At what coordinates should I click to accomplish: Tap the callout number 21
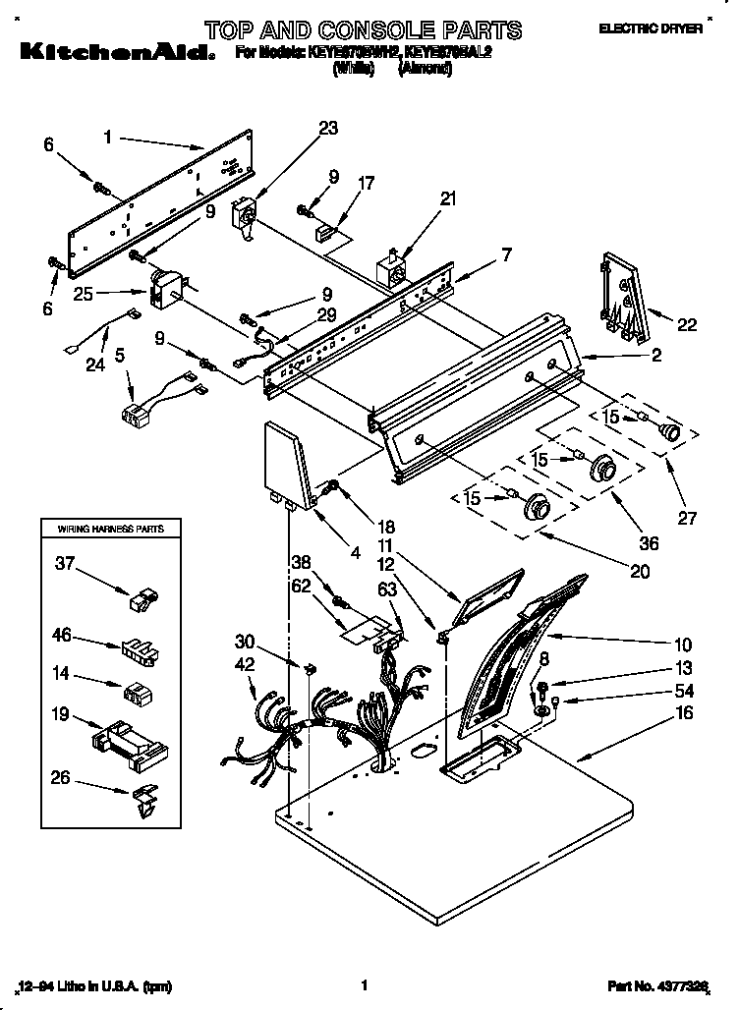(449, 198)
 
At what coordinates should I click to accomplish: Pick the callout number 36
(648, 542)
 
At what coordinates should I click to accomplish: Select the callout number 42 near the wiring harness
(245, 664)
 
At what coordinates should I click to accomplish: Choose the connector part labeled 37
(145, 597)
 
